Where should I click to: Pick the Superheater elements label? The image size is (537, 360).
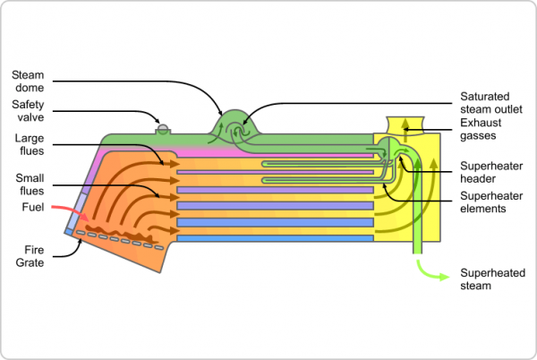pos(491,202)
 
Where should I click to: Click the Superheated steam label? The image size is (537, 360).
pos(491,279)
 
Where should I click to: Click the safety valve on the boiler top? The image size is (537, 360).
pos(163,127)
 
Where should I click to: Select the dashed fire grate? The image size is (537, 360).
pos(116,239)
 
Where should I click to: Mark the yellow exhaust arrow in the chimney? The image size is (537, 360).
pos(402,125)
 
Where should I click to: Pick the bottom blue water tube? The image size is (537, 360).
pos(274,238)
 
